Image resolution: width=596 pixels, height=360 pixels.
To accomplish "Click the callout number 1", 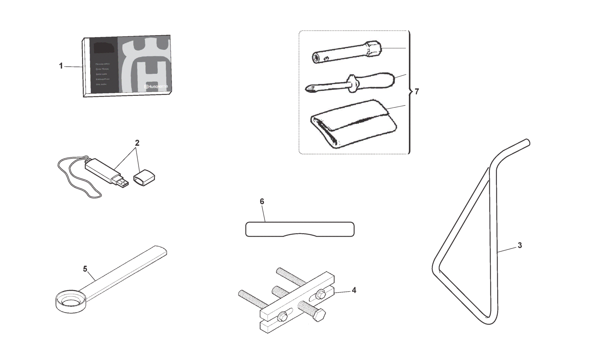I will [61, 66].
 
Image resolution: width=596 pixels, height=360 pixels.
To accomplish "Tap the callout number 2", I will [137, 143].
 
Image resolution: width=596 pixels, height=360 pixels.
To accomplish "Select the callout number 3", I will [520, 245].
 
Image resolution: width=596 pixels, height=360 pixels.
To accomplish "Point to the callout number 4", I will [354, 290].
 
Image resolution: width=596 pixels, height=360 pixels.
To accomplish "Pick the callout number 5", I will [85, 269].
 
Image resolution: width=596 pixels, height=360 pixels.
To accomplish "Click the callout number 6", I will [262, 202].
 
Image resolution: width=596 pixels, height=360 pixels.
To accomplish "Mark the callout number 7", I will [416, 92].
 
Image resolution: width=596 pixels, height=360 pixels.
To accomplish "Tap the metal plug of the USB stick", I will [122, 183].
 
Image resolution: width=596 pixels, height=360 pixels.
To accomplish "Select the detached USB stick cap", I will [144, 178].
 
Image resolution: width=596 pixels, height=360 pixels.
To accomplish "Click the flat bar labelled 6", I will [299, 229].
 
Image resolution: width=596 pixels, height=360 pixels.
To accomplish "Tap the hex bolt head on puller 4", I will [319, 316].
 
